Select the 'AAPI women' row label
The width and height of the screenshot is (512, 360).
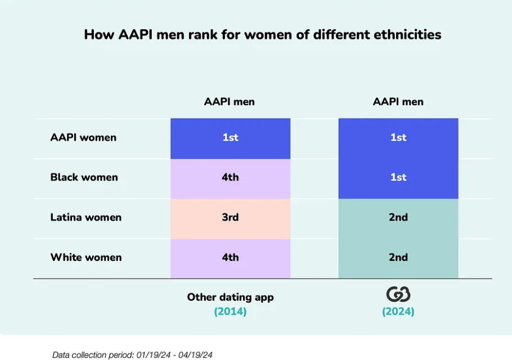(83, 137)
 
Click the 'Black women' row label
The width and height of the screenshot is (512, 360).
(84, 177)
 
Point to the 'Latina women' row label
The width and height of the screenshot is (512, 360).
(86, 217)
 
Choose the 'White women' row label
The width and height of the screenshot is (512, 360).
(86, 257)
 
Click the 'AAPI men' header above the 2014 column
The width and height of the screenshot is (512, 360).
(229, 102)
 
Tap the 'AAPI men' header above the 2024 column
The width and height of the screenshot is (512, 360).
(398, 102)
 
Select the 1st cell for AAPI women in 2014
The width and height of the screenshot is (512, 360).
(231, 139)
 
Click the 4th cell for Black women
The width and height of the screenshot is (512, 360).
(231, 179)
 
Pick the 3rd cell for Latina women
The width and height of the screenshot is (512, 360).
(231, 219)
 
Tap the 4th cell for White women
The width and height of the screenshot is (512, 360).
(231, 259)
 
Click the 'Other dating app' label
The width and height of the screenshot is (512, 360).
(230, 298)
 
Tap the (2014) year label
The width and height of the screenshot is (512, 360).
(230, 312)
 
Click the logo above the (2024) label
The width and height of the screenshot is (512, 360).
(398, 294)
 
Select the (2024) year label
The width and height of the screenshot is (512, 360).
(398, 312)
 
